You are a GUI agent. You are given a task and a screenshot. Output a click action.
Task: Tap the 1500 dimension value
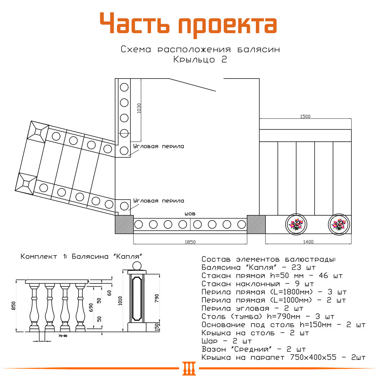pyautogui.click(x=305, y=117)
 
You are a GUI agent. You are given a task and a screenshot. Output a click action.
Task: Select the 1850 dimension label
pyautogui.click(x=190, y=242)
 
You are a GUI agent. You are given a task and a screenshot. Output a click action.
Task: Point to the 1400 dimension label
pyautogui.click(x=308, y=242)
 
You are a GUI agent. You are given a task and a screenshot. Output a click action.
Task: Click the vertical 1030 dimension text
pyautogui.click(x=139, y=108)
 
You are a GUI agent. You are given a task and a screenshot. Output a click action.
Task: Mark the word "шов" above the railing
pyautogui.click(x=190, y=213)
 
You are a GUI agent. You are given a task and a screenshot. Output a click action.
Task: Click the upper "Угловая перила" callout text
pyautogui.click(x=158, y=147)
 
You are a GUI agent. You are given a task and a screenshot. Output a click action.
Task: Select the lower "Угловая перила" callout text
pyautogui.click(x=158, y=201)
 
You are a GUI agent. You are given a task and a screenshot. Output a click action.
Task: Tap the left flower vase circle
pyautogui.click(x=296, y=224)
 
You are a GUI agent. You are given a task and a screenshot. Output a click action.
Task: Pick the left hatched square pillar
pyautogui.click(x=124, y=224)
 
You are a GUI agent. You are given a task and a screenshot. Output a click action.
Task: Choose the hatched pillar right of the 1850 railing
pyautogui.click(x=256, y=224)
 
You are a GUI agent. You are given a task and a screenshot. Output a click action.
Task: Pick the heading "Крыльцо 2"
pyautogui.click(x=200, y=60)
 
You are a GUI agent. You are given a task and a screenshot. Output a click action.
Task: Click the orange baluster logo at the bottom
pyautogui.click(x=189, y=368)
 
